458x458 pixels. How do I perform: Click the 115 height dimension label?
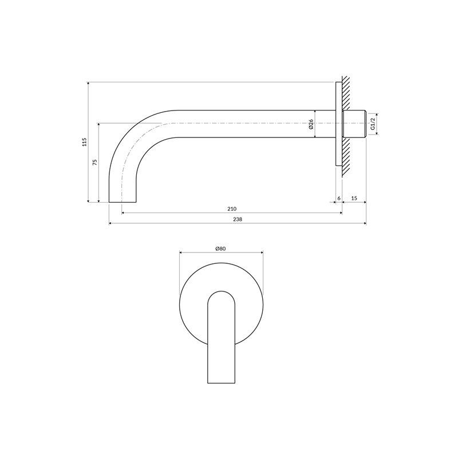[85, 142]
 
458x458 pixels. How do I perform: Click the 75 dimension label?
[94, 163]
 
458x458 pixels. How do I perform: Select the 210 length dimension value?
[232, 209]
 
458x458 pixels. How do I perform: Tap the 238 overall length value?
[238, 219]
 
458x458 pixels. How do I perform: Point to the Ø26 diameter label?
[311, 124]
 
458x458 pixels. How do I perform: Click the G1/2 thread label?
[373, 124]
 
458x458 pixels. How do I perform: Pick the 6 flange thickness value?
[339, 198]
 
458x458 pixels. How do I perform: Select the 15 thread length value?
[354, 198]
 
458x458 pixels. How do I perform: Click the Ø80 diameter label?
[221, 248]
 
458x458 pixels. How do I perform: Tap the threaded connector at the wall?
[354, 124]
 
